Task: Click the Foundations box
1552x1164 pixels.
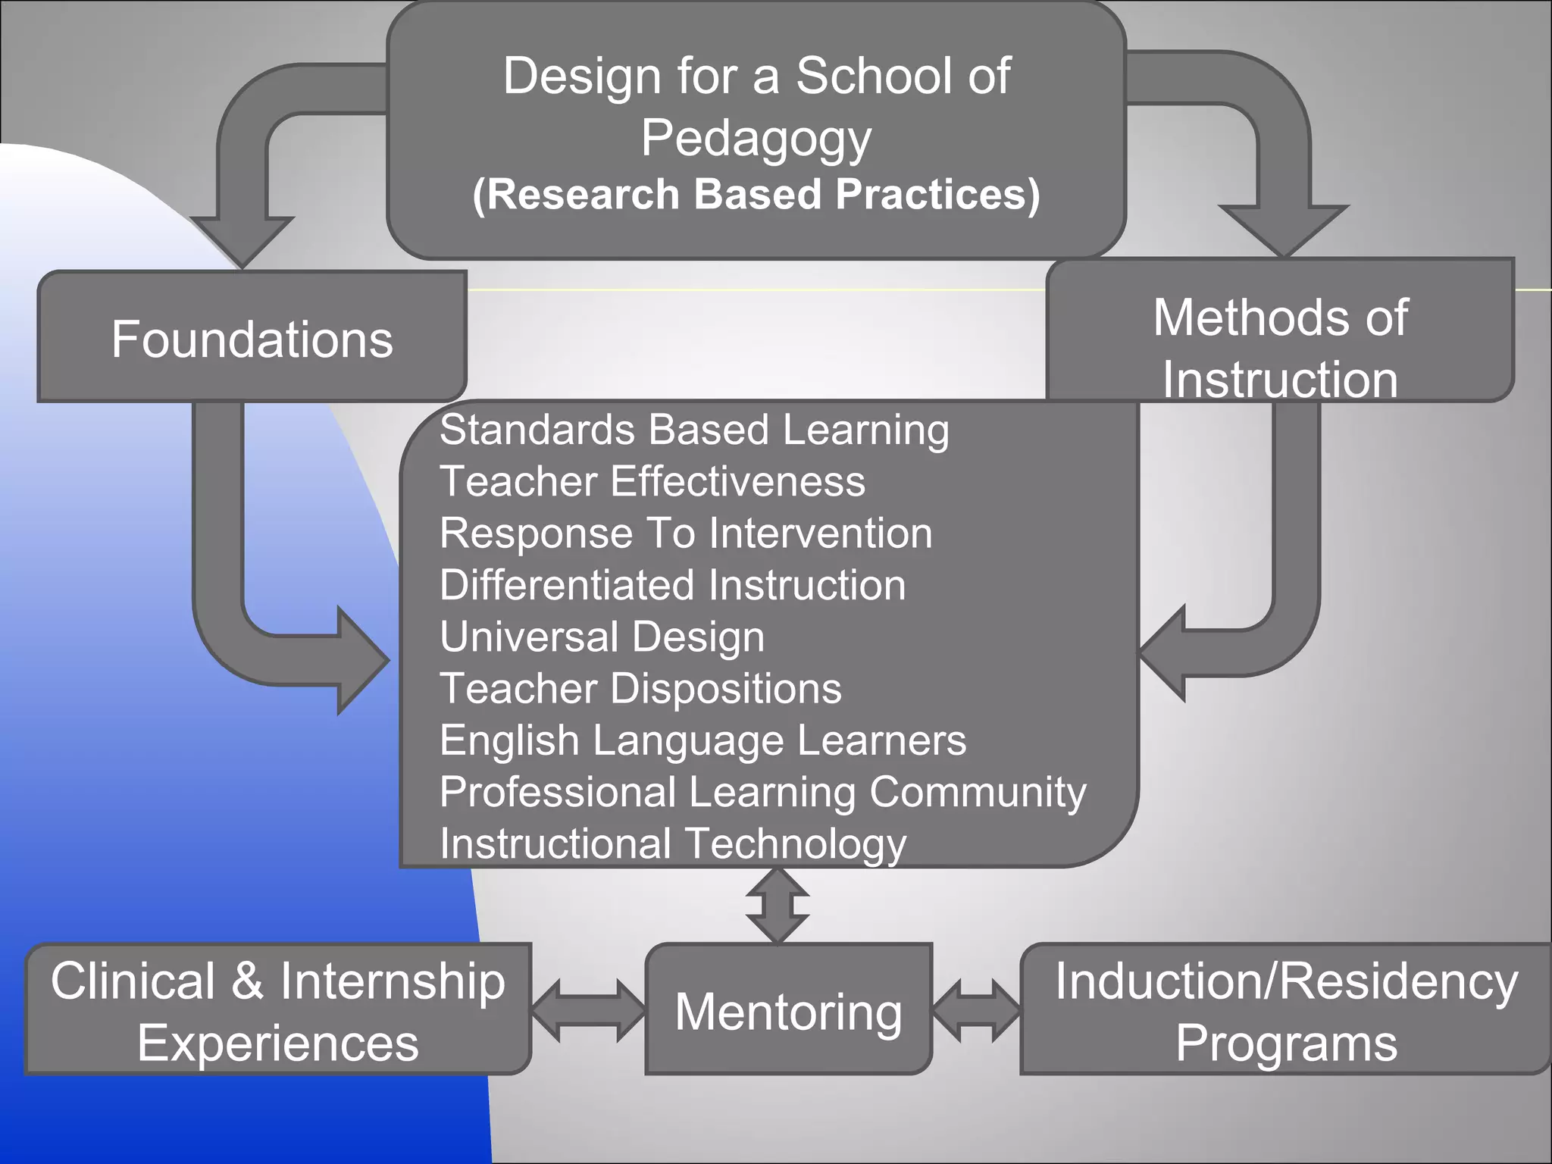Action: [252, 337]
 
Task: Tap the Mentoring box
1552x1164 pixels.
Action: [788, 1009]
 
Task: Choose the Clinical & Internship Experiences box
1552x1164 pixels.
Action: [278, 1009]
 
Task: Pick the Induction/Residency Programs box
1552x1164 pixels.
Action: [1286, 1009]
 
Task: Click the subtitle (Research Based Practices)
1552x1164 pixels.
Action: [756, 194]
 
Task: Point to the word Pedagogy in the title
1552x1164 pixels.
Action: [756, 138]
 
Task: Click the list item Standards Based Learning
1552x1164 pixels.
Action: [693, 430]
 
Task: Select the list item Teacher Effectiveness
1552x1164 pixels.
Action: [652, 481]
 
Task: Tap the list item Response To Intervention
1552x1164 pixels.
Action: [685, 533]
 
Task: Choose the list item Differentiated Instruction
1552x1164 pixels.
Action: [672, 585]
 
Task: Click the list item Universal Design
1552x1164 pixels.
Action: [602, 637]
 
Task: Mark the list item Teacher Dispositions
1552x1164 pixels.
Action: [640, 688]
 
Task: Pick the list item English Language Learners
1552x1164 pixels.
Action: [702, 740]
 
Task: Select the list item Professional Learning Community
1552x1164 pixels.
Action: [762, 792]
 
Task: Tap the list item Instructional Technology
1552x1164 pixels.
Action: [672, 843]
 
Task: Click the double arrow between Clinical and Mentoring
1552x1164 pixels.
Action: [588, 1010]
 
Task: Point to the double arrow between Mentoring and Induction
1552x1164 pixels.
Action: [976, 1010]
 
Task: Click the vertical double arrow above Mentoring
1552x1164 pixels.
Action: [777, 906]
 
